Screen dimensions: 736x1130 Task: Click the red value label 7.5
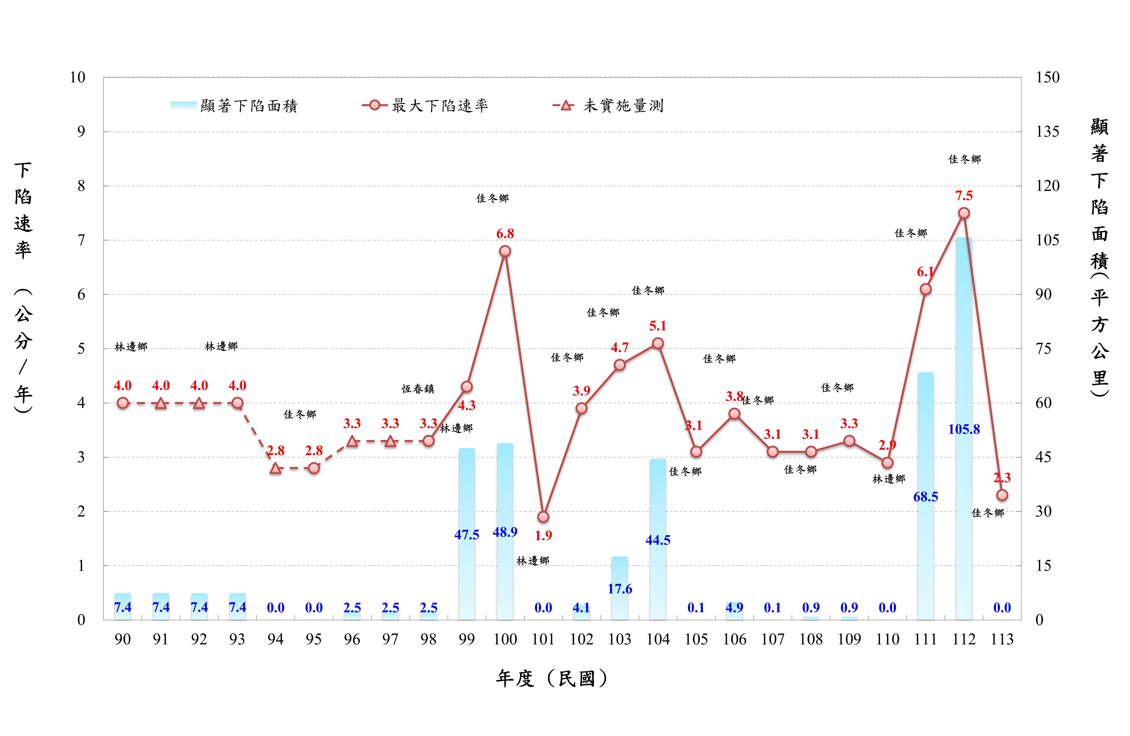pos(964,196)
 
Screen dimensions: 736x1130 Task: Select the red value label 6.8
pos(505,234)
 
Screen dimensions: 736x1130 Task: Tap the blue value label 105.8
pos(964,429)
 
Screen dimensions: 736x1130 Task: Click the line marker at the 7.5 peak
pos(964,213)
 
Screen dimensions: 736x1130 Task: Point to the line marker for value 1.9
pos(543,517)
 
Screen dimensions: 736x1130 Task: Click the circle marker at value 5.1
pos(658,343)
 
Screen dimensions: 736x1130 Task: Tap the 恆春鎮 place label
pos(418,389)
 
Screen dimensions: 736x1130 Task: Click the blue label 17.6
pos(620,589)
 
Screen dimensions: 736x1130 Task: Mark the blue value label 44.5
pos(658,540)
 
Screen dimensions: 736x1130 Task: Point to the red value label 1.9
pos(543,536)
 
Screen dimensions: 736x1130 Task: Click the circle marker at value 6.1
pos(925,289)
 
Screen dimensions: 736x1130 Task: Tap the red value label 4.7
pos(620,348)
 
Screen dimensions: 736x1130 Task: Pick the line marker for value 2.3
pos(1002,495)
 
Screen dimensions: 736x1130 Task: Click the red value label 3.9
pos(581,391)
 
